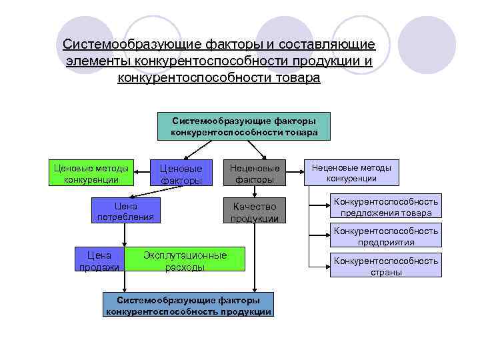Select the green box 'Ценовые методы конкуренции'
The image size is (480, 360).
(91, 173)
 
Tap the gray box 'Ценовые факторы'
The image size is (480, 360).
(181, 173)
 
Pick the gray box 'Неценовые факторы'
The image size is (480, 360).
(254, 173)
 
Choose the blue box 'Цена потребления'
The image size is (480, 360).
(125, 211)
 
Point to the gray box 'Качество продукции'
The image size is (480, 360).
(254, 211)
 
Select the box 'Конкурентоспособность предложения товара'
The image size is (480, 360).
(386, 207)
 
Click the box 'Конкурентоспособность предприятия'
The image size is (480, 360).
(386, 236)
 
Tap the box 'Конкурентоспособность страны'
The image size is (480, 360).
(386, 266)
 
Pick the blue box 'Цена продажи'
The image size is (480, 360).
(99, 261)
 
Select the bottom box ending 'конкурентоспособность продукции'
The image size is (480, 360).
(189, 305)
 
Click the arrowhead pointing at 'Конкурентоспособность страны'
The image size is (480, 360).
(327, 267)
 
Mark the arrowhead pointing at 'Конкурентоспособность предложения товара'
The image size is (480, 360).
(327, 207)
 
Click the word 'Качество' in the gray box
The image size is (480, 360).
(254, 206)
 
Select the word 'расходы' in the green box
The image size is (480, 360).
(185, 267)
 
